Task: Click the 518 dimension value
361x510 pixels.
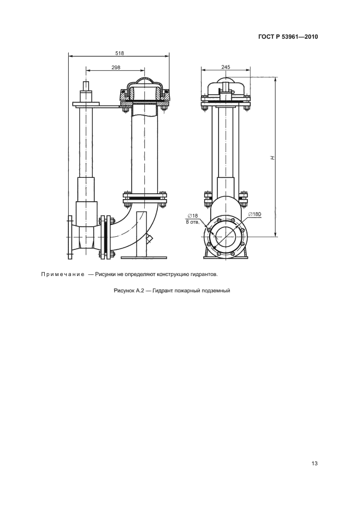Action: [120, 53]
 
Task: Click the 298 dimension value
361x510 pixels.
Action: [116, 67]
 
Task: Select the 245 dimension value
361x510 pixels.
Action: [226, 67]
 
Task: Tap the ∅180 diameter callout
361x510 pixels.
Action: [255, 214]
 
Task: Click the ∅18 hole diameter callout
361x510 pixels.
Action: [192, 215]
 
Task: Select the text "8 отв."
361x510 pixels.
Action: [192, 221]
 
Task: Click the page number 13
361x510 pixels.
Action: [314, 463]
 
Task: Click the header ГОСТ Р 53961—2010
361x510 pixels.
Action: [288, 37]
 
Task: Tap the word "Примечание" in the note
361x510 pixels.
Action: [63, 274]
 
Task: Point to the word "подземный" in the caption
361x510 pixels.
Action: [219, 290]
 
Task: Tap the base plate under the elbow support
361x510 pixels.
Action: [145, 258]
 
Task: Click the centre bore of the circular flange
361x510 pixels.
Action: [225, 237]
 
